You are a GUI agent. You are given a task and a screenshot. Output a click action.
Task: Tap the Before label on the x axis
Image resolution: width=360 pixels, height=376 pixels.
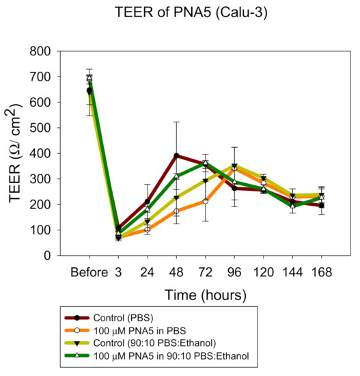tap(89, 272)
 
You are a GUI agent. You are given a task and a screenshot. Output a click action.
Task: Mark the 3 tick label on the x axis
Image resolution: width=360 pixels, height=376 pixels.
tap(118, 272)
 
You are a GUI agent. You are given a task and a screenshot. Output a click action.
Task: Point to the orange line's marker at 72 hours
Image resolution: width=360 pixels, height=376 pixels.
tap(205, 201)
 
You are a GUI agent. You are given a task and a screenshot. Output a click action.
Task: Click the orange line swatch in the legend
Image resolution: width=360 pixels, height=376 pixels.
tap(103, 330)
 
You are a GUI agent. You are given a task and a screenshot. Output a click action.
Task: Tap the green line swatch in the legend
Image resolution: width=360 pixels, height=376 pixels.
tap(103, 355)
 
